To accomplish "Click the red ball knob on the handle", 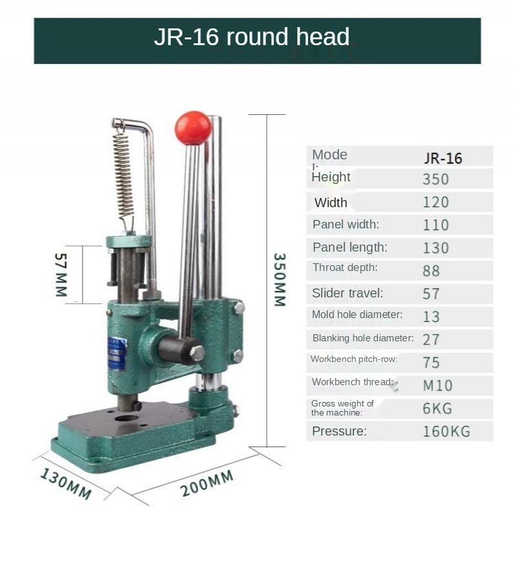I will click(193, 128).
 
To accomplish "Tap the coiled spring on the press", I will click(122, 173).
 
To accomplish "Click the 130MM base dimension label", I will click(66, 483).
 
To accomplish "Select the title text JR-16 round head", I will click(251, 37).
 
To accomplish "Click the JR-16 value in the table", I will click(443, 157).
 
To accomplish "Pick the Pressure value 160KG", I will click(446, 431).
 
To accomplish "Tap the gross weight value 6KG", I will click(438, 408).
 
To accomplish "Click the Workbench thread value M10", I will click(438, 386).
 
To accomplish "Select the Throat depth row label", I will click(345, 268).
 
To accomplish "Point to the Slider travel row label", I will click(347, 293).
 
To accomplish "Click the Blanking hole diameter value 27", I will click(431, 339).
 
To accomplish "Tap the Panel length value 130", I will click(436, 248).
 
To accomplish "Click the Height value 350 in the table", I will click(436, 179).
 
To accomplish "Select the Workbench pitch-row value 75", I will click(431, 362).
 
